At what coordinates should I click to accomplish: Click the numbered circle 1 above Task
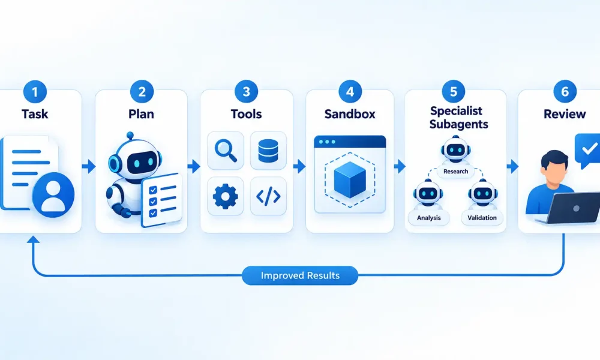tap(35, 92)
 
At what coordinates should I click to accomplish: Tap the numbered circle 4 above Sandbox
tap(350, 92)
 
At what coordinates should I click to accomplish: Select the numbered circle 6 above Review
tap(565, 92)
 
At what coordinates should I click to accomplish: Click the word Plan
tap(141, 114)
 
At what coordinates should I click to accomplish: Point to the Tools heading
tap(246, 114)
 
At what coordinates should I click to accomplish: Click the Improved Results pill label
tap(300, 275)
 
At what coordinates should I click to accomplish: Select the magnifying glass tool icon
tap(226, 151)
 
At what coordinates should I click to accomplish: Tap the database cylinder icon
tap(268, 151)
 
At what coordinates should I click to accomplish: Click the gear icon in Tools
tap(225, 196)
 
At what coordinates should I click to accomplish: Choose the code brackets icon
tap(268, 196)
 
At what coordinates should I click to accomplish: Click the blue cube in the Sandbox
tap(350, 179)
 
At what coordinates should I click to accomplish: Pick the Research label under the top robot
tap(456, 172)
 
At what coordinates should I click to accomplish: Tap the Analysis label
tap(428, 218)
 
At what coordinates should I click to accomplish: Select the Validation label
tap(482, 218)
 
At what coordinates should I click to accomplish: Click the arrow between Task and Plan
tap(89, 166)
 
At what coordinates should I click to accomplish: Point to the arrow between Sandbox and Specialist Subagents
tap(400, 166)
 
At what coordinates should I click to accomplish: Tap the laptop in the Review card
tap(570, 208)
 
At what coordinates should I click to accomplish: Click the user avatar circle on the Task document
tap(53, 195)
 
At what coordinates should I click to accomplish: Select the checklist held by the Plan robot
tap(161, 200)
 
